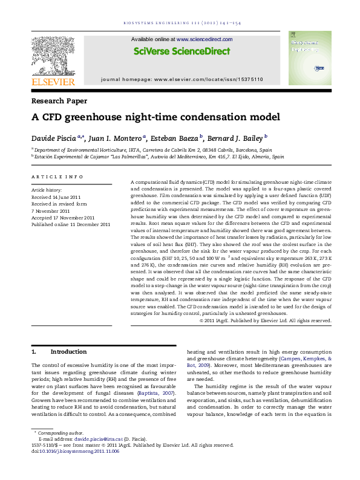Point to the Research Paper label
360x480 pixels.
pos(59,101)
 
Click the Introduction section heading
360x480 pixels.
pos(68,352)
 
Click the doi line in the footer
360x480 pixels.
pos(76,451)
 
